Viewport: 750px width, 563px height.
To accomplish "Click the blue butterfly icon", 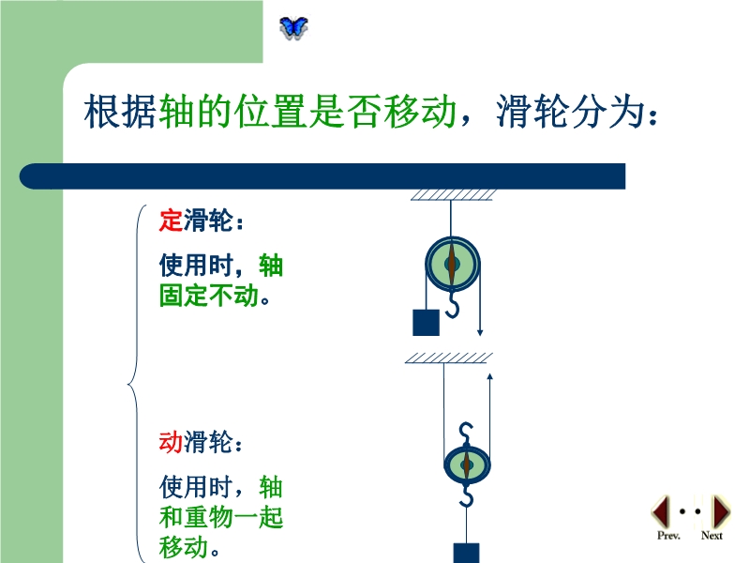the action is tap(293, 28).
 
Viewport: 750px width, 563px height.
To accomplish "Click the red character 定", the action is tap(171, 221).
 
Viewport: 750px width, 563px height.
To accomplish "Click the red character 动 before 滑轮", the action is tap(171, 441).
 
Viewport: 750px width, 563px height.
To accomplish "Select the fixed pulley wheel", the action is tap(452, 264).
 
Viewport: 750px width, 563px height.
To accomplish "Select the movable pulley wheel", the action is tap(467, 464).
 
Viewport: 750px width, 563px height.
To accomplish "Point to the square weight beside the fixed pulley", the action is tap(426, 322).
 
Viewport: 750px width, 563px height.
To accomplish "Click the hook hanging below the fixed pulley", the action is tap(452, 306).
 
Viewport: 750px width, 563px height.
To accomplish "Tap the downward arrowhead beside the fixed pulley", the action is tap(480, 332).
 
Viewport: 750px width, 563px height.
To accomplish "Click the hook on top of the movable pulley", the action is tap(466, 434).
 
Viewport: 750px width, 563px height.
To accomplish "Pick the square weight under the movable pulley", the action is tap(466, 553).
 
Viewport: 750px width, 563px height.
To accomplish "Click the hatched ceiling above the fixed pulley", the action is tap(453, 195).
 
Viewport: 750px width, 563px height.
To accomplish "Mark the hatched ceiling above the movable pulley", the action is tap(449, 358).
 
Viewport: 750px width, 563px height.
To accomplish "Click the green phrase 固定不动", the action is tap(209, 296).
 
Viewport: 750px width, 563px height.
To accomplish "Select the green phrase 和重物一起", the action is tap(221, 517).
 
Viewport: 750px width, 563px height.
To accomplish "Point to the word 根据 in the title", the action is tap(121, 112).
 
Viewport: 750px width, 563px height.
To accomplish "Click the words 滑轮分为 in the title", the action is tap(569, 112).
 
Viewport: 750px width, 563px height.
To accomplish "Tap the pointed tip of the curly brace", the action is tap(128, 384).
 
